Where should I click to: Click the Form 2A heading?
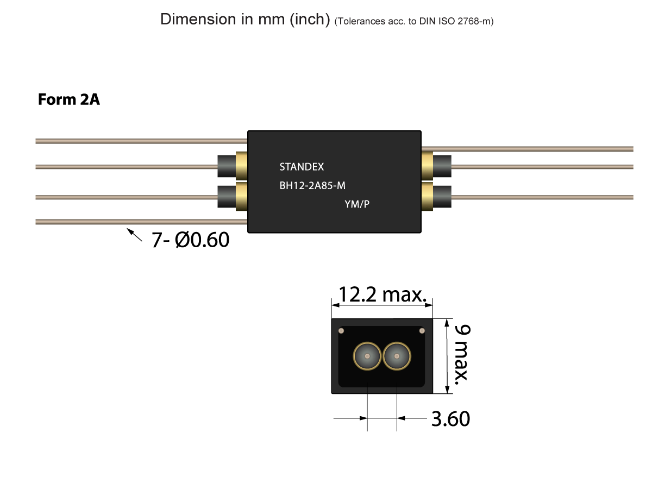(x=68, y=100)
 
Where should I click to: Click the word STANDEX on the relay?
(x=302, y=167)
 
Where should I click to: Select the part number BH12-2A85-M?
(x=312, y=186)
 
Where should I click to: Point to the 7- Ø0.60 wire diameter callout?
(x=190, y=240)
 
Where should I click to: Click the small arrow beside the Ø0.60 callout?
(x=134, y=235)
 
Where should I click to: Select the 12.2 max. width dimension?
(x=381, y=295)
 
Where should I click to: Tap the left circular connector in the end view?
(x=367, y=356)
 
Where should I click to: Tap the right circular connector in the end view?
(x=397, y=356)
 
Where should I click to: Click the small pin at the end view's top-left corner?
(x=341, y=330)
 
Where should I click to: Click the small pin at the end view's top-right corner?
(x=421, y=330)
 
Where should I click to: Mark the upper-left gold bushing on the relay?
(x=242, y=166)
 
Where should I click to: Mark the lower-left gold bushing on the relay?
(x=242, y=196)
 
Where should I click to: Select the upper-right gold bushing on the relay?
(x=427, y=166)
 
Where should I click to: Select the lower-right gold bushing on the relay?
(x=427, y=196)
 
